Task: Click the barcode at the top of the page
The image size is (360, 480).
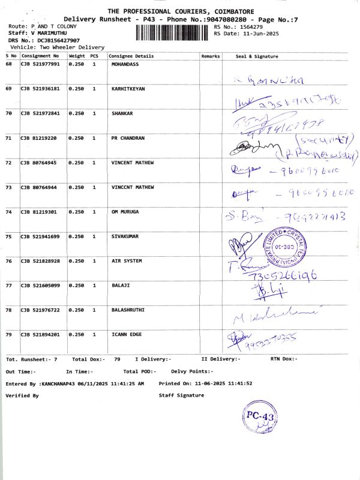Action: tap(173, 32)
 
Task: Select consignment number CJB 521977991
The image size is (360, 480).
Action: tap(40, 64)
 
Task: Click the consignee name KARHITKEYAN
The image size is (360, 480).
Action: tap(128, 88)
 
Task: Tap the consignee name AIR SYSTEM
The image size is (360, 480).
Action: tap(127, 261)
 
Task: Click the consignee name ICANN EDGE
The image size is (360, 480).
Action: tap(127, 334)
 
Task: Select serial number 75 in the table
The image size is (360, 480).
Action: tap(9, 236)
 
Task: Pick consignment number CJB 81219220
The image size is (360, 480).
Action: tap(39, 138)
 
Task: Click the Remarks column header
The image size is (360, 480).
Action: tap(211, 56)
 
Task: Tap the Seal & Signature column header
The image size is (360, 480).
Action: tap(257, 56)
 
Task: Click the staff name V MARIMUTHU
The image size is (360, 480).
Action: tap(47, 34)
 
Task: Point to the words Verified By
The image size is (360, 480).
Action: tap(22, 395)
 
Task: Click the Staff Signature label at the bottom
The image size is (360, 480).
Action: tap(181, 395)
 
